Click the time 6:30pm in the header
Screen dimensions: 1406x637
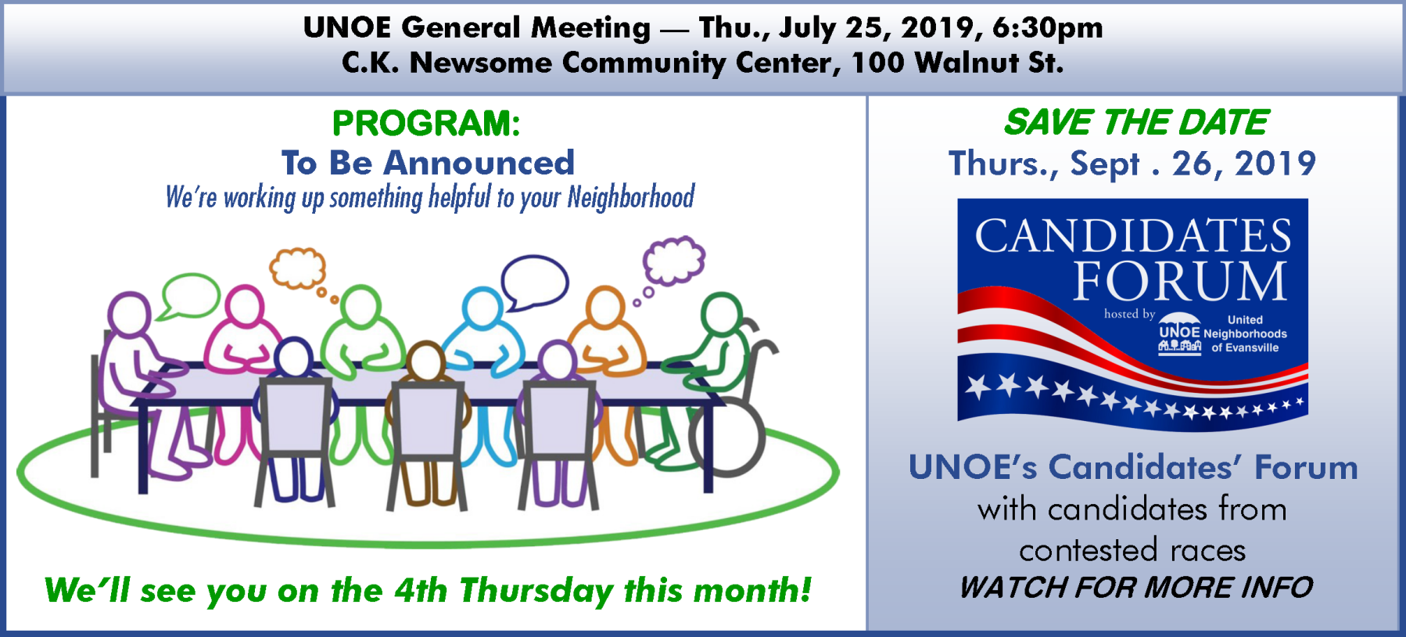pyautogui.click(x=1047, y=28)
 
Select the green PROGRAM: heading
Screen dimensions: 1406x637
pyautogui.click(x=426, y=124)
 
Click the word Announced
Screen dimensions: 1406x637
pyautogui.click(x=479, y=163)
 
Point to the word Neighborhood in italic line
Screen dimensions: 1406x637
pyautogui.click(x=631, y=197)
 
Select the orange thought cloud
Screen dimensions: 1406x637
pyautogui.click(x=298, y=268)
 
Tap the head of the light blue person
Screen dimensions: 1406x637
pyautogui.click(x=482, y=307)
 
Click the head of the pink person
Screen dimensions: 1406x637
pyautogui.click(x=245, y=305)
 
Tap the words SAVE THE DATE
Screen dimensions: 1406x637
pyautogui.click(x=1136, y=122)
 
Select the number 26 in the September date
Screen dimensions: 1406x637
pyautogui.click(x=1192, y=164)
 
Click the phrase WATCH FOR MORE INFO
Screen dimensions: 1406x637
pyautogui.click(x=1136, y=587)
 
